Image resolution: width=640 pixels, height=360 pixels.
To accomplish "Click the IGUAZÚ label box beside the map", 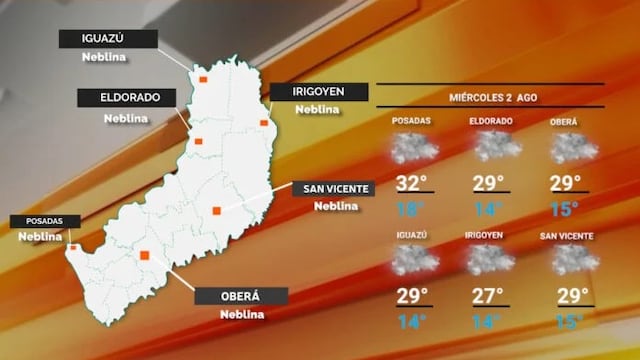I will pyautogui.click(x=109, y=39).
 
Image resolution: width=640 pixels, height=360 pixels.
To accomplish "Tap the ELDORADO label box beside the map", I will pyautogui.click(x=126, y=98).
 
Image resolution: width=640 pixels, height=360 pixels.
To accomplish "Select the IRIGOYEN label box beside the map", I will pyautogui.click(x=318, y=91).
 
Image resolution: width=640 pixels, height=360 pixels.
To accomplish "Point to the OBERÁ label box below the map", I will pyautogui.click(x=240, y=296).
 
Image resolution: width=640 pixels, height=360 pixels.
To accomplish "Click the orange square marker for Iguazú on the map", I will pyautogui.click(x=203, y=76).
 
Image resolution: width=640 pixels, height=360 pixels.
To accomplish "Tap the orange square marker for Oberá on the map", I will pyautogui.click(x=145, y=256).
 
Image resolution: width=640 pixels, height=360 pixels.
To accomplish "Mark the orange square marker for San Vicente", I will pyautogui.click(x=216, y=210).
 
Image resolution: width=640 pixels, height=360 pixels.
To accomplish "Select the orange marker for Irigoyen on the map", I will pyautogui.click(x=264, y=123).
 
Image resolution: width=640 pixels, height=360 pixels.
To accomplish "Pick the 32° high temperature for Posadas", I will pyautogui.click(x=411, y=184).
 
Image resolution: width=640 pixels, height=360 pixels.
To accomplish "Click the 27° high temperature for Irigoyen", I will pyautogui.click(x=490, y=296).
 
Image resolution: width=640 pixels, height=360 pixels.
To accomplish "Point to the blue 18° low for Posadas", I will pyautogui.click(x=410, y=209).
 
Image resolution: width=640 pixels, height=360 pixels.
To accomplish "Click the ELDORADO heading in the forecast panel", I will pyautogui.click(x=491, y=121).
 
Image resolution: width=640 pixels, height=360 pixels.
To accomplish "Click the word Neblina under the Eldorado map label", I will pyautogui.click(x=126, y=117).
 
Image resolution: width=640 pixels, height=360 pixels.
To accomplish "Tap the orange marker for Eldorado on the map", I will pyautogui.click(x=198, y=141).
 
